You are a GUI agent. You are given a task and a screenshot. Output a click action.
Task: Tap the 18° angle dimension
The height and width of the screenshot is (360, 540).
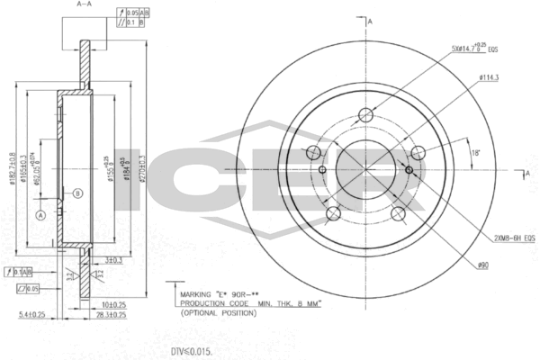[476, 154]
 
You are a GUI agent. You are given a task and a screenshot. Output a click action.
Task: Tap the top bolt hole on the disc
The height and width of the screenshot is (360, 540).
[366, 114]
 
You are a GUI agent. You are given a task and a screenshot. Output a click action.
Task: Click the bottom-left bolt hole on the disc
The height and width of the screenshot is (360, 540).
[333, 213]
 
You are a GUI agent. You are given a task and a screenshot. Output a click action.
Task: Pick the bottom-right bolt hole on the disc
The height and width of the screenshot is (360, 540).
[399, 213]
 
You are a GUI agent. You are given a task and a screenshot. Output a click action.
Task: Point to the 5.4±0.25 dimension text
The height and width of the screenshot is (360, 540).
[31, 315]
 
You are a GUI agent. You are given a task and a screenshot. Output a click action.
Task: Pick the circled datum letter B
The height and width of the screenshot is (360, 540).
[77, 193]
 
